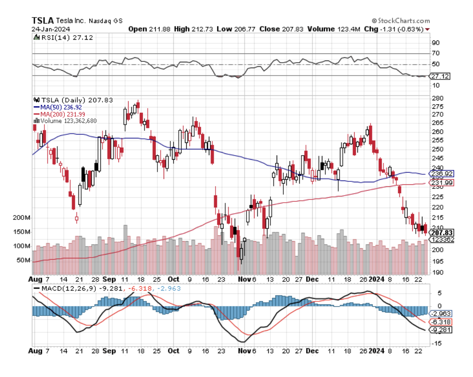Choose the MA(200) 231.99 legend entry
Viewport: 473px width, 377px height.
[62, 114]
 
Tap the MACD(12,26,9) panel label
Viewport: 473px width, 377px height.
[67, 288]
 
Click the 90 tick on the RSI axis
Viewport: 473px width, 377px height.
[436, 43]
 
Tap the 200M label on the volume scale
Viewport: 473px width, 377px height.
[22, 218]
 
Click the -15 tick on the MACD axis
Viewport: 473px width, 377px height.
[437, 344]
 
